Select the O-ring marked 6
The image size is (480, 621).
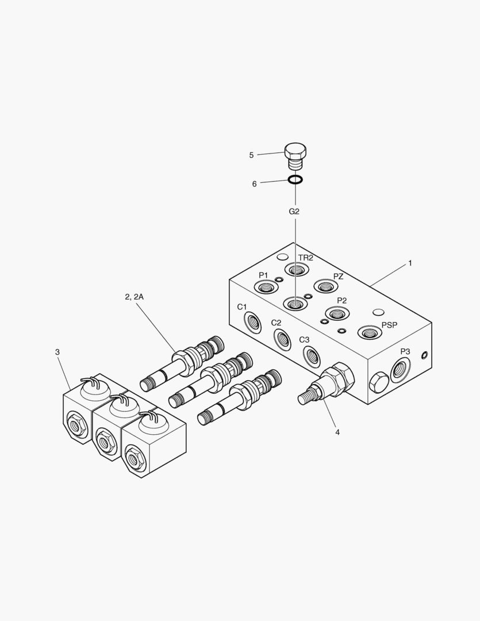point(295,181)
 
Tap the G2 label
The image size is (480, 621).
point(294,212)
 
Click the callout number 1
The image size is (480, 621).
point(410,263)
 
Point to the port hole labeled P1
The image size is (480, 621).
point(266,286)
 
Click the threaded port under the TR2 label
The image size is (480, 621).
point(297,270)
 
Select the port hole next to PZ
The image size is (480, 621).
point(325,286)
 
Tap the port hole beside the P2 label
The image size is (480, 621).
point(337,313)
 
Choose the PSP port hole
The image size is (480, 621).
point(369,332)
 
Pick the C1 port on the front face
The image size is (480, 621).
point(252,321)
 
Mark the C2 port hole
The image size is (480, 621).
point(281,339)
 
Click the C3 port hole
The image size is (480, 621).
point(310,356)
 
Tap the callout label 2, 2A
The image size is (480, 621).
point(134,297)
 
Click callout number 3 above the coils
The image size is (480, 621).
point(57,352)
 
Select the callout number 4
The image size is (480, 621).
point(337,432)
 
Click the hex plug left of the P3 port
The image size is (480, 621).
point(378,382)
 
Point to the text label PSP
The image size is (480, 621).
point(389,325)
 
